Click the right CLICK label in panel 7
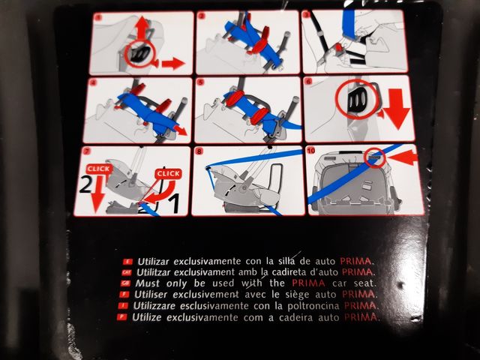pos(169,174)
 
